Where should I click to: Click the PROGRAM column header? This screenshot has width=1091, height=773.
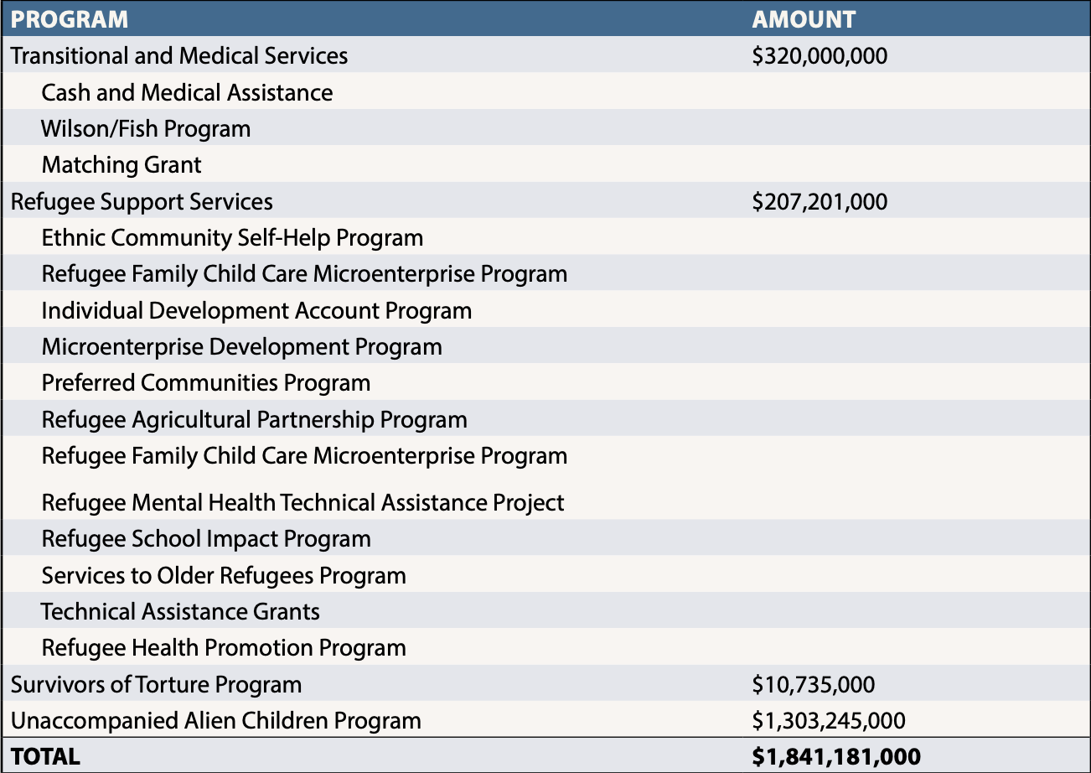pyautogui.click(x=70, y=19)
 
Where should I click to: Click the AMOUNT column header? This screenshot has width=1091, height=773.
pyautogui.click(x=804, y=19)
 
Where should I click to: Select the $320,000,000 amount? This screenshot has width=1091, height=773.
pyautogui.click(x=820, y=55)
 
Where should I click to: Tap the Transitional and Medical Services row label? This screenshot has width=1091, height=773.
pyautogui.click(x=179, y=55)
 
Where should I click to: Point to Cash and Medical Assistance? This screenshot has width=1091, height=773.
pyautogui.click(x=187, y=92)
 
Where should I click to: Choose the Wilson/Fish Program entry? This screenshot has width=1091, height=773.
pyautogui.click(x=146, y=129)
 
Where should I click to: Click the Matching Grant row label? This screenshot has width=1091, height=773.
pyautogui.click(x=122, y=164)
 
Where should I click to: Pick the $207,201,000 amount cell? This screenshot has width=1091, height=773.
pyautogui.click(x=820, y=202)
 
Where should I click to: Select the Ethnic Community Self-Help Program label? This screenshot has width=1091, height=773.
pyautogui.click(x=232, y=238)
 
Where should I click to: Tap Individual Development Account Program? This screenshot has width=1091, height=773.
pyautogui.click(x=256, y=311)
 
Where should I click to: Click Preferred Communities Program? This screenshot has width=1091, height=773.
pyautogui.click(x=206, y=383)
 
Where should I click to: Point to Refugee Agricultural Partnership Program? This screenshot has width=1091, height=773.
pyautogui.click(x=254, y=420)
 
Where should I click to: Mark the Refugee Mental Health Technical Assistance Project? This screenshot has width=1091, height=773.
pyautogui.click(x=303, y=503)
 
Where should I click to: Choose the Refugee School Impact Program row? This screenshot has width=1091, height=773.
pyautogui.click(x=206, y=539)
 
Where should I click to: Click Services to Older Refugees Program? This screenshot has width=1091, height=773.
pyautogui.click(x=224, y=576)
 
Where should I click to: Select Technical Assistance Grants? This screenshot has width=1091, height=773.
pyautogui.click(x=180, y=612)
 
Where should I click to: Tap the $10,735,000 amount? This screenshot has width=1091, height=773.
pyautogui.click(x=814, y=685)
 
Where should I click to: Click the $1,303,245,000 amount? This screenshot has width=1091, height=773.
pyautogui.click(x=829, y=721)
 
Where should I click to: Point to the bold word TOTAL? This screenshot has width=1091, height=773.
pyautogui.click(x=45, y=757)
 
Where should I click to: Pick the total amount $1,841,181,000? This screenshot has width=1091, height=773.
pyautogui.click(x=836, y=757)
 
